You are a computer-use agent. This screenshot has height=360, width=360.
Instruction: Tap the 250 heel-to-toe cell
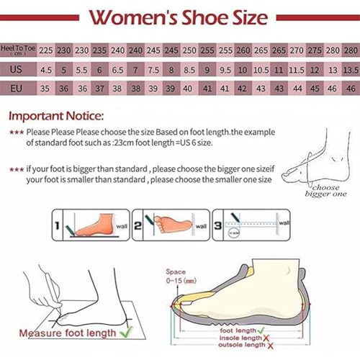click(189, 51)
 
